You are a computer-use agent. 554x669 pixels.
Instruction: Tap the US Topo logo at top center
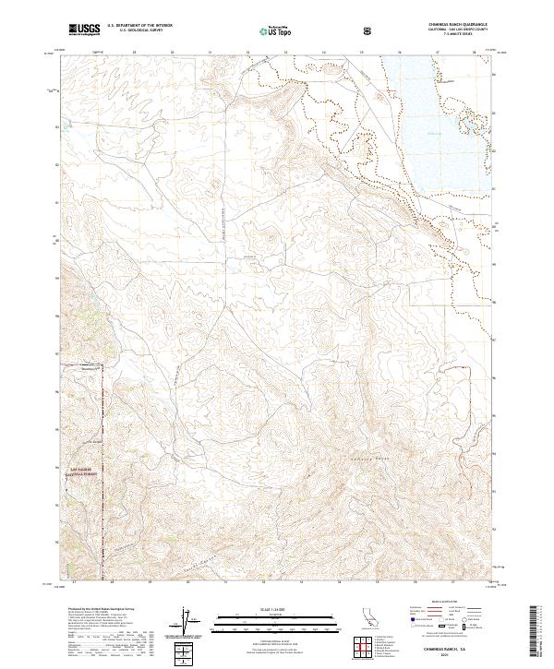click(277, 30)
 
